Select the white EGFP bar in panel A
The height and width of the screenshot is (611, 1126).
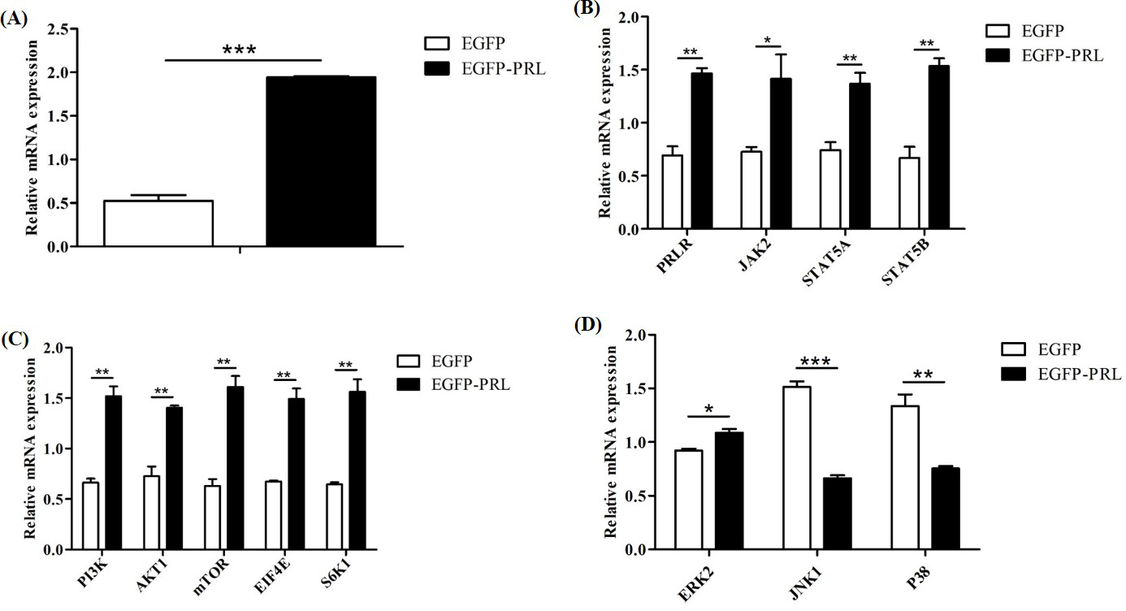click(158, 223)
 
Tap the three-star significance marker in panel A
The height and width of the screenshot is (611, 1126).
click(240, 50)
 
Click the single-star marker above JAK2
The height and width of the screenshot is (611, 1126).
click(767, 40)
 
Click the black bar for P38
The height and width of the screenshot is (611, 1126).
click(945, 509)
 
